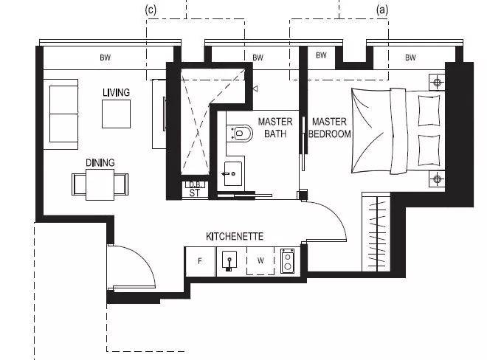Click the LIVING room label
(x=116, y=92)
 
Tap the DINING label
(x=100, y=162)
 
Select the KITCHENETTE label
(x=235, y=236)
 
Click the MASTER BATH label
(x=275, y=128)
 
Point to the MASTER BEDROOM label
(x=330, y=128)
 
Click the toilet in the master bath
(x=240, y=134)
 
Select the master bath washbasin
(x=232, y=173)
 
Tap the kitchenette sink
(x=229, y=260)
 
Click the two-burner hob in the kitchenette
(x=287, y=261)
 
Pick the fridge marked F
(x=200, y=261)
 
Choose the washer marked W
(x=260, y=261)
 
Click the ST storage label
(x=194, y=193)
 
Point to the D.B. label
(x=196, y=184)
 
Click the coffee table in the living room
(x=116, y=114)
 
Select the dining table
(x=100, y=184)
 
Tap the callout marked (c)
(x=151, y=10)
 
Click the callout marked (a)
(x=382, y=10)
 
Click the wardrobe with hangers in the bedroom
(x=376, y=232)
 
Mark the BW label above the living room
(x=106, y=58)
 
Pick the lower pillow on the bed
(x=429, y=150)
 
